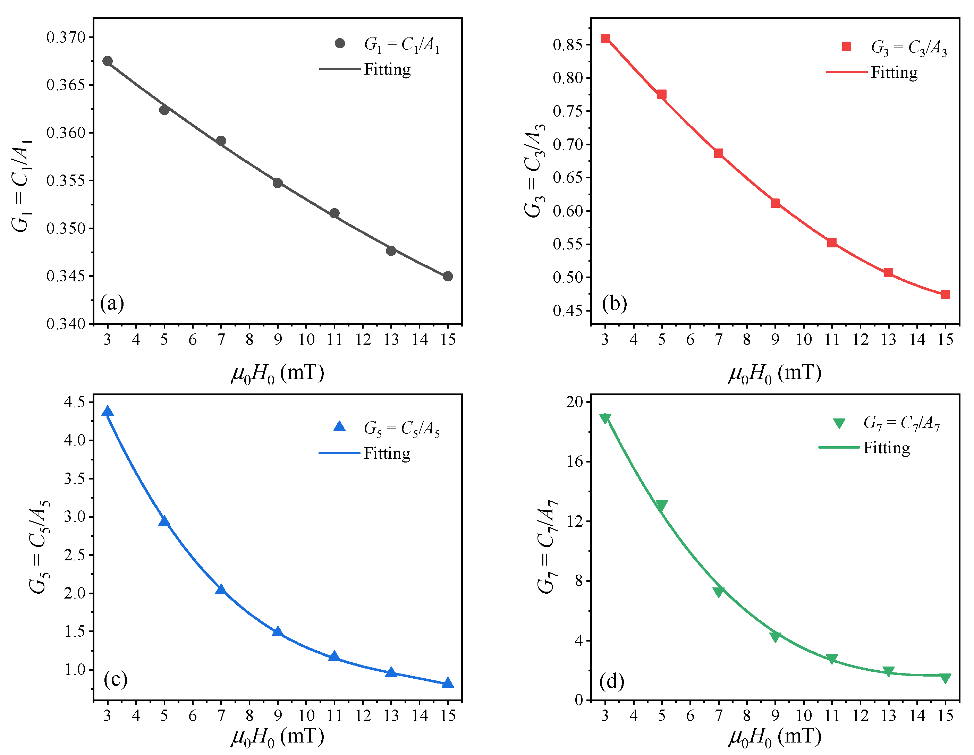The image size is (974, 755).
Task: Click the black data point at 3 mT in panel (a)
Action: (x=108, y=61)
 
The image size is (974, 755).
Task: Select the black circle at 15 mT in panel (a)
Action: (x=448, y=277)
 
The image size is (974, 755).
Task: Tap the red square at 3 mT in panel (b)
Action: (x=605, y=39)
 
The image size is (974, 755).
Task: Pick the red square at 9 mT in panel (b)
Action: (x=776, y=203)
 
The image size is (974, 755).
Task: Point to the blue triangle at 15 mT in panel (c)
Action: (x=448, y=683)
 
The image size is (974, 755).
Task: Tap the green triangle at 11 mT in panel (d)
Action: (x=832, y=659)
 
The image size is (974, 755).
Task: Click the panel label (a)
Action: (x=112, y=303)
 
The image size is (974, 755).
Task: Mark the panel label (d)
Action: (x=611, y=681)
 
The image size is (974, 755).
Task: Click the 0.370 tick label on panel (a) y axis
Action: (x=66, y=37)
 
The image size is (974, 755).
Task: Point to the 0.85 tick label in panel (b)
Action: (x=567, y=45)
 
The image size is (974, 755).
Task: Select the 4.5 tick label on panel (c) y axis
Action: (x=75, y=402)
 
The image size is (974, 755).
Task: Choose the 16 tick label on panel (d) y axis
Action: (x=575, y=461)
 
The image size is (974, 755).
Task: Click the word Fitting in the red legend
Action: (x=894, y=72)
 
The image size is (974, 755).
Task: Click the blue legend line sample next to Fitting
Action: (x=339, y=453)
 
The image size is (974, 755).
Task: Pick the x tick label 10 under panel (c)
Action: (x=306, y=715)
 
